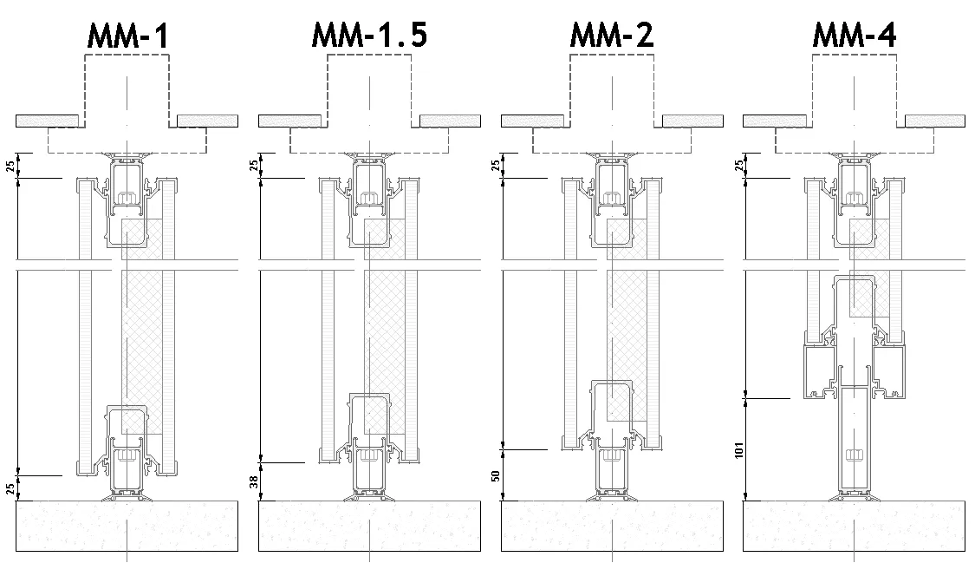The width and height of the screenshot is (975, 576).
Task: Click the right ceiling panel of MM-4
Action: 934,121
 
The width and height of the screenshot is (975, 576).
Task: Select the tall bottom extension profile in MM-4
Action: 855,442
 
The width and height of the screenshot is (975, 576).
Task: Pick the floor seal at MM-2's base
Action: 612,497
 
